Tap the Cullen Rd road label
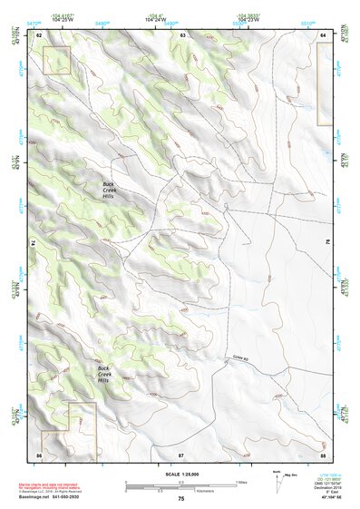(239, 357)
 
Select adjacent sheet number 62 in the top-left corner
(40, 35)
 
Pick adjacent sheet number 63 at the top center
(182, 35)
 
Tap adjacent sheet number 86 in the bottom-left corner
(40, 453)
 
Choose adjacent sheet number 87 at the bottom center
(181, 453)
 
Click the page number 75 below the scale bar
(181, 498)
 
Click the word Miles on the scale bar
(241, 482)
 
